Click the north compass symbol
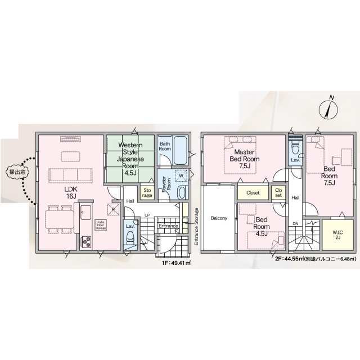pyautogui.click(x=328, y=110)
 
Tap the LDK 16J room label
pyautogui.click(x=71, y=192)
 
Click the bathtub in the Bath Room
pyautogui.click(x=181, y=151)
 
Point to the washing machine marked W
pyautogui.click(x=181, y=176)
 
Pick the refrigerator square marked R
pyautogui.click(x=114, y=209)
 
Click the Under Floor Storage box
pyautogui.click(x=101, y=225)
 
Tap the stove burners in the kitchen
pyautogui.click(x=86, y=241)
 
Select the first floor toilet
pyautogui.click(x=130, y=237)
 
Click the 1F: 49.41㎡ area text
pyautogui.click(x=176, y=263)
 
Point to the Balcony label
pyautogui.click(x=219, y=218)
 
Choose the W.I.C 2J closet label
pyautogui.click(x=337, y=235)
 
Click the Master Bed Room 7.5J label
pyautogui.click(x=245, y=159)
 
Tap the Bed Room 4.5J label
pyautogui.click(x=262, y=227)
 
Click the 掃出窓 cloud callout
pyautogui.click(x=17, y=172)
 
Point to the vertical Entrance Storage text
pyautogui.click(x=196, y=227)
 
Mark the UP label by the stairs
pyautogui.click(x=147, y=215)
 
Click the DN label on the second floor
pyautogui.click(x=295, y=223)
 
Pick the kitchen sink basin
pyautogui.click(x=86, y=213)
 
